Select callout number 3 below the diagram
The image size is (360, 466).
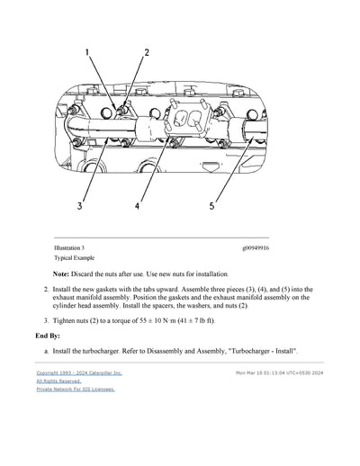(79, 205)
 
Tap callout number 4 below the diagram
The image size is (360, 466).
(137, 205)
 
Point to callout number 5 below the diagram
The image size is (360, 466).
(212, 205)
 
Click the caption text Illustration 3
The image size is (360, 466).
(69, 247)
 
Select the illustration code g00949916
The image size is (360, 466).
(261, 247)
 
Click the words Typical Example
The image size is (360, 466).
(73, 257)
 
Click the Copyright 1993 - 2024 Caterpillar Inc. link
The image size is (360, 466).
(79, 372)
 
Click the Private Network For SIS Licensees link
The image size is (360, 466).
(76, 390)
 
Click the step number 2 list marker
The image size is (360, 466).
(46, 290)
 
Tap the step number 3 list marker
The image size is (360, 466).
(46, 319)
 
